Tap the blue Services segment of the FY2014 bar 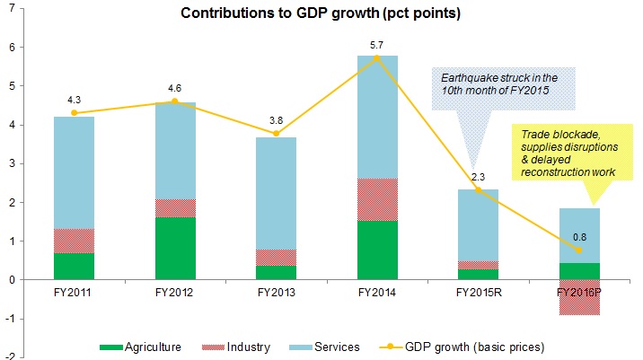coord(379,117)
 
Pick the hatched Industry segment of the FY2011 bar coord(75,241)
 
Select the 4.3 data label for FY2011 coord(75,100)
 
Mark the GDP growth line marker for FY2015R coord(480,190)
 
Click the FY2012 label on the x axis coord(177,292)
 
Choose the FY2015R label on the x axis coord(480,292)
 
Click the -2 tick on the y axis coord(6,356)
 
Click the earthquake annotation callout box coord(491,87)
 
